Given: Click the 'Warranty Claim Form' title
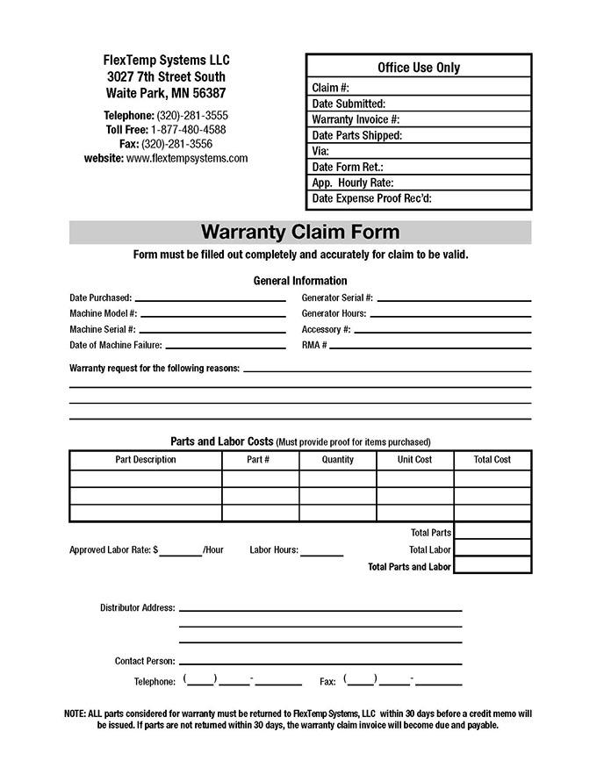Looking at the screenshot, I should pos(300,233).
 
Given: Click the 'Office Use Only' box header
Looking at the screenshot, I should pos(419,68).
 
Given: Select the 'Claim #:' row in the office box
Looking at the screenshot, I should pos(419,88).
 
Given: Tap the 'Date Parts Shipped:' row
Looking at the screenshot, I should pos(419,135).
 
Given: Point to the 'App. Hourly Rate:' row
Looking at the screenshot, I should pos(419,183).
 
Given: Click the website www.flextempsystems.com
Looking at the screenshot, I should pos(187,159).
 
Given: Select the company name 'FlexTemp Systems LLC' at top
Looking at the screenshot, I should pos(166,60).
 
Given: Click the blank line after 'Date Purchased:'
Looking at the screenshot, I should pos(210,299).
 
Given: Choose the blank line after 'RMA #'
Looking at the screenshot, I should pos(430,347).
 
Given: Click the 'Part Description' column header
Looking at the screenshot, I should pos(146,459).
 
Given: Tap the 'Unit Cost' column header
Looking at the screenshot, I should pos(415,459).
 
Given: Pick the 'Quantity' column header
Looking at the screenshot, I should pos(338,459).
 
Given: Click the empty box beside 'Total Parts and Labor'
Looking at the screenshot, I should pos(493,566).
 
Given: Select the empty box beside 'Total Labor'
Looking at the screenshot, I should pos(493,549).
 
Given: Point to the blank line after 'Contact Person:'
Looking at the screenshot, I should pos(320,662).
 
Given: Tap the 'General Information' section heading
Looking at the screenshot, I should pos(300,281).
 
